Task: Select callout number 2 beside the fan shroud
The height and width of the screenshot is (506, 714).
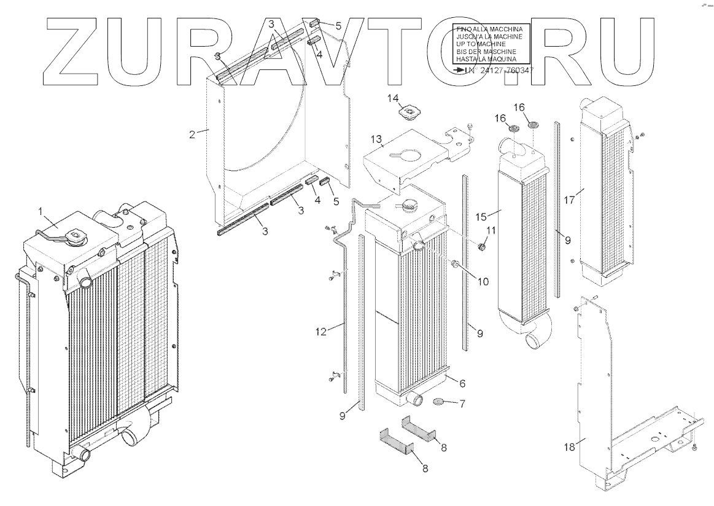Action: coord(192,134)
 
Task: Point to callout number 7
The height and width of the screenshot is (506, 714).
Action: coord(462,404)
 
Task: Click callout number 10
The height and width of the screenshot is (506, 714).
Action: coord(483,281)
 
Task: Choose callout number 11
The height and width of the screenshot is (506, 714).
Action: coord(491,230)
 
